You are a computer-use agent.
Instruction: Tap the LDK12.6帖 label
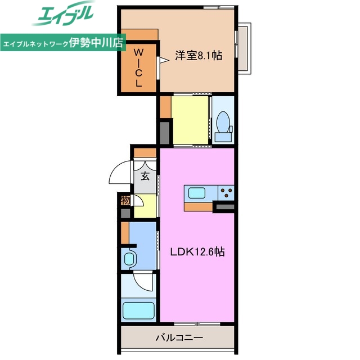point(197,253)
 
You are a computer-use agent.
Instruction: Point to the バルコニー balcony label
point(179,338)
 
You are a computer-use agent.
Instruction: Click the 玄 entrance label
point(145,176)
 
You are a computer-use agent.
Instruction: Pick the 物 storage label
point(125,200)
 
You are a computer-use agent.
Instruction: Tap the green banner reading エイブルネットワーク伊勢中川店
point(63,43)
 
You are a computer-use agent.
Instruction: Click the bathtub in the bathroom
point(138,310)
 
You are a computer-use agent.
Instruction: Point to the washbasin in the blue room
point(129,259)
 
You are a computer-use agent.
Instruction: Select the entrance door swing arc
point(119,174)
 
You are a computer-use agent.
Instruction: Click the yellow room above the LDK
point(190,120)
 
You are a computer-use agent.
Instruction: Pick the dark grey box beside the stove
point(224,209)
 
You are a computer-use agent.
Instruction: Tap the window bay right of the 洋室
point(244,48)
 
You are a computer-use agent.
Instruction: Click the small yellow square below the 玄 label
point(143,205)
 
